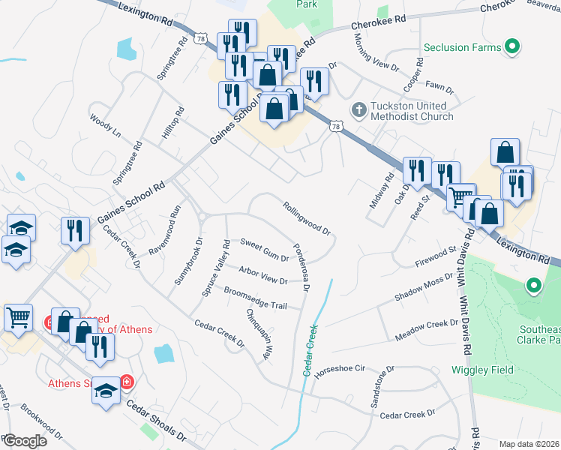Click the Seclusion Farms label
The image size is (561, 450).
461,47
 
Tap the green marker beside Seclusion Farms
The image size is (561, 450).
512,47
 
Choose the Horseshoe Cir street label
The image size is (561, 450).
340,369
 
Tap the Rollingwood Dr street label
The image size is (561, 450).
307,217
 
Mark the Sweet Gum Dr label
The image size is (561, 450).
264,250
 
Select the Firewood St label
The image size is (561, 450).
436,256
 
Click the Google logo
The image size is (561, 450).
25,440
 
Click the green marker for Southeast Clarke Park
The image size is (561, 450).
533,285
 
